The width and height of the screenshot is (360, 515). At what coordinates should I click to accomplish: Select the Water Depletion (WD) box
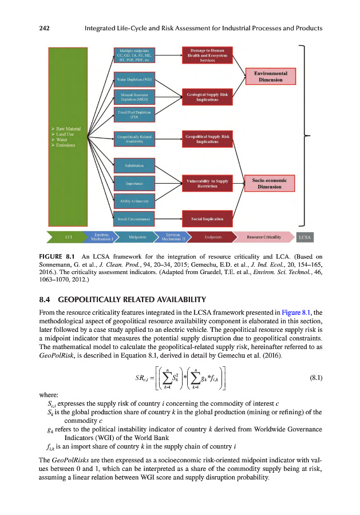[x=134, y=79]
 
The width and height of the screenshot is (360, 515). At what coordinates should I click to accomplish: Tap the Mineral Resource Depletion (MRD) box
[x=134, y=96]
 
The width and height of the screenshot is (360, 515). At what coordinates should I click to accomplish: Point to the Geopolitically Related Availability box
[x=134, y=140]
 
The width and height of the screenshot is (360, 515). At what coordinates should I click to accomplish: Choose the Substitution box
[x=134, y=166]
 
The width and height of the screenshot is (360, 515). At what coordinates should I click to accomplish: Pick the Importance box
[x=134, y=184]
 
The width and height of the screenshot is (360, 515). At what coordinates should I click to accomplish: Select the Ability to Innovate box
[x=134, y=201]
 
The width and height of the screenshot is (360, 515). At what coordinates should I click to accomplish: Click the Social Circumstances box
[x=134, y=219]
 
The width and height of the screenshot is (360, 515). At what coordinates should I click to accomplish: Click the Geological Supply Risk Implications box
[x=207, y=96]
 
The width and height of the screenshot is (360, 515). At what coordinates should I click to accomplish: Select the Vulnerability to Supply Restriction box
[x=207, y=184]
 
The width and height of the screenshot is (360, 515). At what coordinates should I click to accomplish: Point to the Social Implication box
[x=207, y=219]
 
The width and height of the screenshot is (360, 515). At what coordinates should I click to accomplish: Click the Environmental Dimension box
[x=270, y=77]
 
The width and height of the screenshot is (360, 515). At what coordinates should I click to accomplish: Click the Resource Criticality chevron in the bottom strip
[x=264, y=236]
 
